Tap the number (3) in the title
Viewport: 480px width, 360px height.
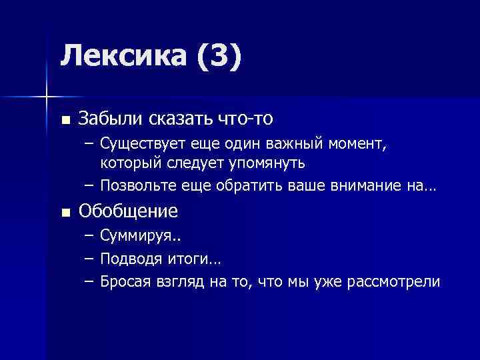tap(217, 56)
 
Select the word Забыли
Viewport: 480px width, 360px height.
tap(111, 119)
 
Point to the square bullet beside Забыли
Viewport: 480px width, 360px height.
tap(64, 120)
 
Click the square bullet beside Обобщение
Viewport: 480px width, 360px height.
tap(64, 213)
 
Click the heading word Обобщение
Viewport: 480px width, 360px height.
tap(128, 211)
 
